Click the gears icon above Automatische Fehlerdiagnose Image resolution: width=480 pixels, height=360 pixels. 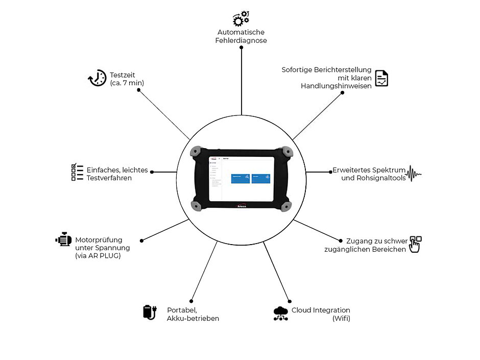pos(241,18)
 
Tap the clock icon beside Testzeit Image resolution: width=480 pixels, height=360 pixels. pos(97,78)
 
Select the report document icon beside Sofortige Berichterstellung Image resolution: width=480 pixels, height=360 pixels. pos(381,78)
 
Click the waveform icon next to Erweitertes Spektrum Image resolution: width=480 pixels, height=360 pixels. pos(413,174)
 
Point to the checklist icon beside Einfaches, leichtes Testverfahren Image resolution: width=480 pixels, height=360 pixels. pos(77,173)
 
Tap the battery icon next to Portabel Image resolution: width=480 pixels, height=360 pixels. pos(149,312)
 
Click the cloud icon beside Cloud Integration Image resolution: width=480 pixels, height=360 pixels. pos(281,313)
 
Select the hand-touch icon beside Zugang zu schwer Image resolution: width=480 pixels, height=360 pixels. pos(415,244)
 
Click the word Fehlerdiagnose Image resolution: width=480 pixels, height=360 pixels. pos(241,40)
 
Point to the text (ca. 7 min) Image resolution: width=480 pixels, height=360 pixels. pos(126,83)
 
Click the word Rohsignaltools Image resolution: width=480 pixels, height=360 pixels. pos(374,178)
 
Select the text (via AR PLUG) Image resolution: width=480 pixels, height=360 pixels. pos(98,256)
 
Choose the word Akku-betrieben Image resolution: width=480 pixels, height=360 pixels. pos(193,318)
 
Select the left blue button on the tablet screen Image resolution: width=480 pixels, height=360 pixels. pos(241,178)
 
